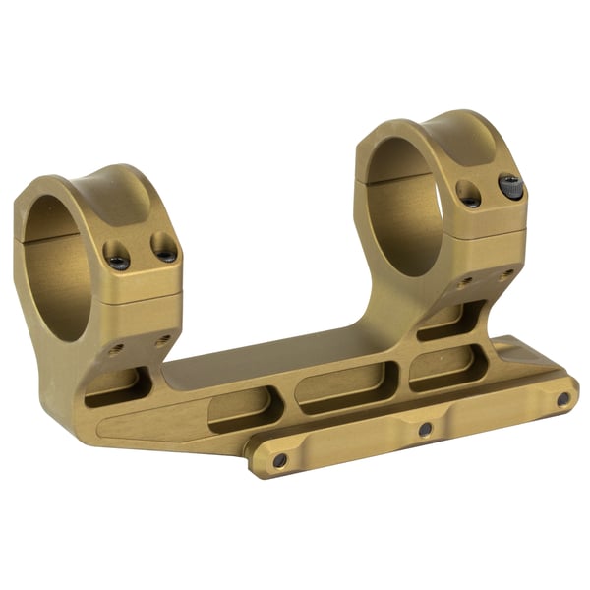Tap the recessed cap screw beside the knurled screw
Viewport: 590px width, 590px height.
(471, 196)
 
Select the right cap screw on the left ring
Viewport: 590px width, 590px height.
(164, 249)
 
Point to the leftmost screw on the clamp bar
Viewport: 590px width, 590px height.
(280, 459)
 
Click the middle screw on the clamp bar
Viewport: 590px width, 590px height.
(425, 429)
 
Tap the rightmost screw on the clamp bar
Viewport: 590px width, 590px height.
(562, 399)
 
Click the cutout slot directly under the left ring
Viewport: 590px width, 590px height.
(113, 393)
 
